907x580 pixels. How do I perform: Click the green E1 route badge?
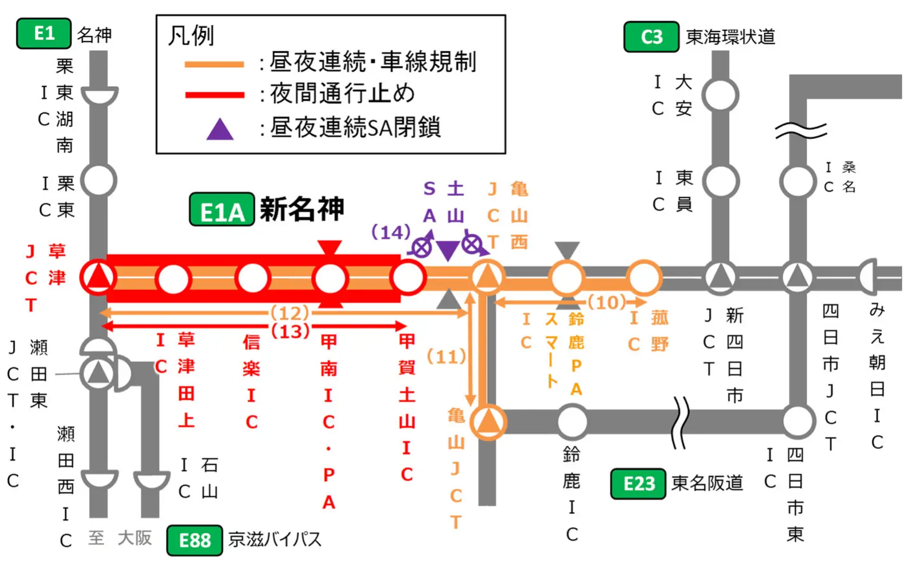coord(44,34)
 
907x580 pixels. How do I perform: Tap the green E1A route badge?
coord(222,210)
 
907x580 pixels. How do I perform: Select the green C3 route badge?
coord(651,36)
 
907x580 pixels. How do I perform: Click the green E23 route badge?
coord(638,483)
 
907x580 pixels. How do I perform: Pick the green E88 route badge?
coord(194,540)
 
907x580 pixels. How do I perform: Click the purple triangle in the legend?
coord(220,129)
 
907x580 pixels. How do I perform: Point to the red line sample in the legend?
coord(215,95)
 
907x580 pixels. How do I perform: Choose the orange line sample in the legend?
coord(215,64)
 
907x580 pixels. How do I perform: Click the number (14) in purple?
coord(390,232)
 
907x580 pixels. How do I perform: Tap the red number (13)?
coord(290,331)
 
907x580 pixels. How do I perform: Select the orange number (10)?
coord(607,302)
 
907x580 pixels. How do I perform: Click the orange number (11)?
coord(446,357)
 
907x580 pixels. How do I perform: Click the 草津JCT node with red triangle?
coord(98,278)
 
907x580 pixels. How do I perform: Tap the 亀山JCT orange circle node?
coord(488,421)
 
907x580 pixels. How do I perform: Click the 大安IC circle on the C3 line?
coord(720,96)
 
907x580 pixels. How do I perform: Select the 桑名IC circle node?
coord(797,181)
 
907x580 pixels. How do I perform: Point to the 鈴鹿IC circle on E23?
coord(572,421)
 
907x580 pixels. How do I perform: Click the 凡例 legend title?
coord(191,36)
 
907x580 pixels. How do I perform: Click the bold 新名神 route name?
coord(302,209)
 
